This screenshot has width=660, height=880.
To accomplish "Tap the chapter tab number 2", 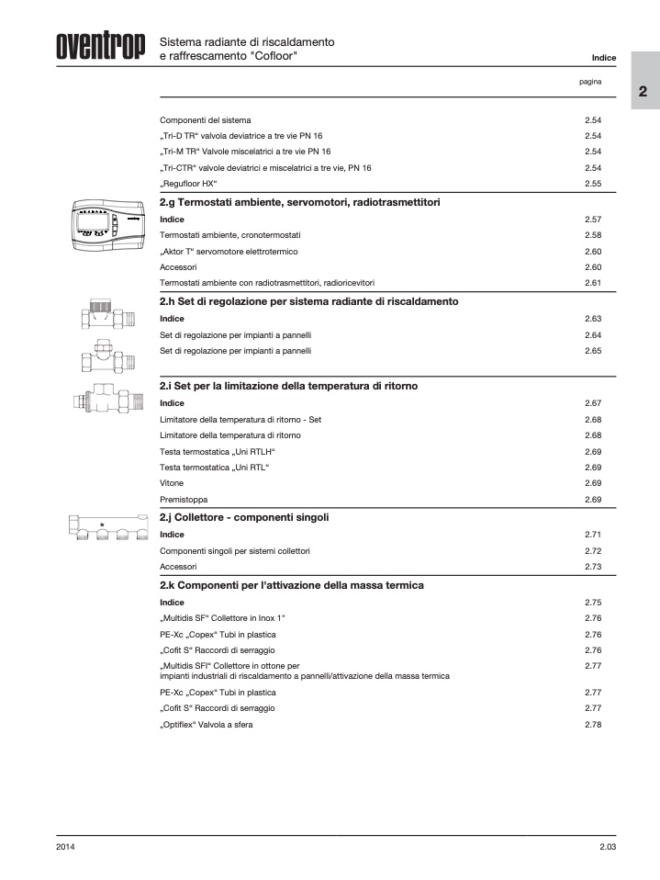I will [643, 93].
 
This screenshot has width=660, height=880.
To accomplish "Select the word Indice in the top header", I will [603, 58].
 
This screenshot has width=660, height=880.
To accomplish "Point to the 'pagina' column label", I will [590, 82].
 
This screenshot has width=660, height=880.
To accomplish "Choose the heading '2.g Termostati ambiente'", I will [300, 201].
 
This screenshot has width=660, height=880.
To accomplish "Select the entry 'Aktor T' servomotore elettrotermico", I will [228, 251].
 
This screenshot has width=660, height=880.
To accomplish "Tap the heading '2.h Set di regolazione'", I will [308, 301].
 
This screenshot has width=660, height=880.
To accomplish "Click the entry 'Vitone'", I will [172, 483].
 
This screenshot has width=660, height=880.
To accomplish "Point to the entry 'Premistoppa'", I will [184, 500].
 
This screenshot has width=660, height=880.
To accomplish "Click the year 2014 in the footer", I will [65, 846].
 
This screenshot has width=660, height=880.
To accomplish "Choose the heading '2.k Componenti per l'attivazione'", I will [291, 584].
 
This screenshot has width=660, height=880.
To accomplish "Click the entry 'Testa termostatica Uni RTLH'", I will [218, 452].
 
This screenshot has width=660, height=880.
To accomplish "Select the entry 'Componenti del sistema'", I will [206, 120].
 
